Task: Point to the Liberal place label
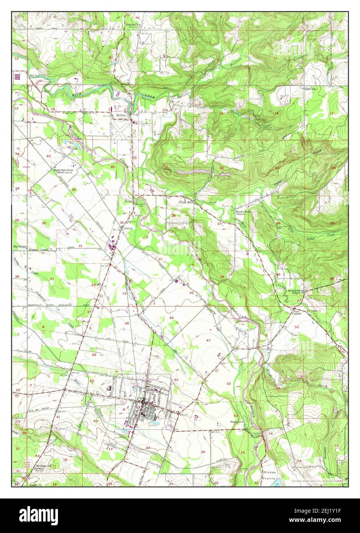(127, 228)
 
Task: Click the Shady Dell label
(237, 421)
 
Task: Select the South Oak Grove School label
(64, 171)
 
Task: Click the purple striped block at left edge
(17, 76)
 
